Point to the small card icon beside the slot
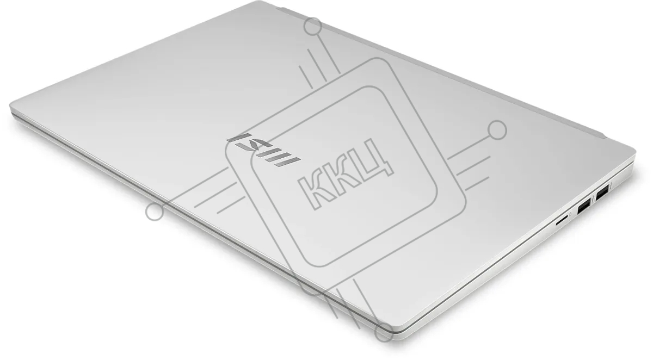[570, 214]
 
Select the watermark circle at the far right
[497, 130]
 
